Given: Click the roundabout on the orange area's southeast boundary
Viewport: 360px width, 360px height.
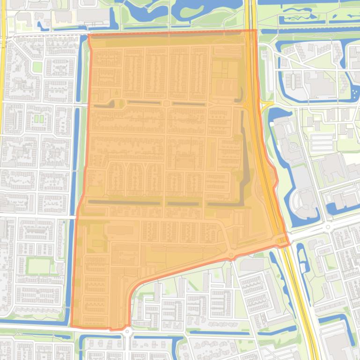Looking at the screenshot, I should (230, 255).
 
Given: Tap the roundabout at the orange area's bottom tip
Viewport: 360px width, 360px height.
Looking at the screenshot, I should (127, 331).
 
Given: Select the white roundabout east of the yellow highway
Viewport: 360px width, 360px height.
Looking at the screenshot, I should (327, 227).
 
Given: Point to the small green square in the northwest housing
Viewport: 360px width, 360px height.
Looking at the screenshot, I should (37, 67).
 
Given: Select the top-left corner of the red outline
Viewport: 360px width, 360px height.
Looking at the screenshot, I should (88, 35).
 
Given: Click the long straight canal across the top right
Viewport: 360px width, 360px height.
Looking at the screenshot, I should (309, 31).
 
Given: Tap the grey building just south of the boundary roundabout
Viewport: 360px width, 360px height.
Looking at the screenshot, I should (251, 265).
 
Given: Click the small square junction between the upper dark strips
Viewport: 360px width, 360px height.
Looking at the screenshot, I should (166, 103).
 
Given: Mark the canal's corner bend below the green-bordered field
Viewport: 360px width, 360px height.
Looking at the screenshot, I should (66, 323).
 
